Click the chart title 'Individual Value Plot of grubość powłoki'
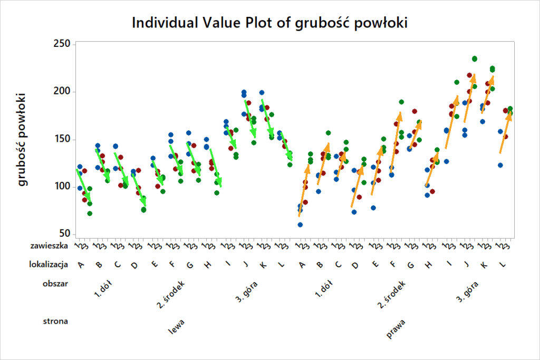[269, 23]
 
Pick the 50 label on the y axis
[65, 235]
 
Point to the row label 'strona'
[56, 320]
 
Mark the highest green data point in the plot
[474, 59]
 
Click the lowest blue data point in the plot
[300, 225]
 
